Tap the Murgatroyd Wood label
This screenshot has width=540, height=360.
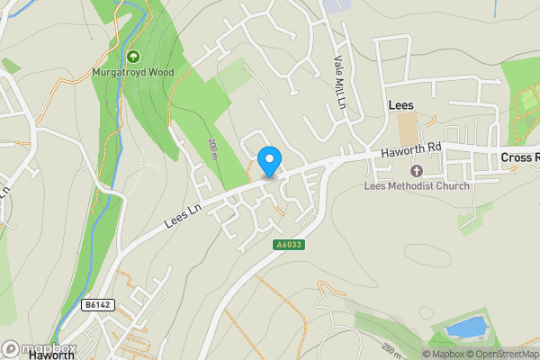click(x=133, y=72)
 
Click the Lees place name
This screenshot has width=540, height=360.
click(x=400, y=105)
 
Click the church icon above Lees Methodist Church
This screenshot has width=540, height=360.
click(x=416, y=171)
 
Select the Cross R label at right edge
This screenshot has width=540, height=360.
click(x=519, y=157)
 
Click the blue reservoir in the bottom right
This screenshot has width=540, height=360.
click(x=465, y=328)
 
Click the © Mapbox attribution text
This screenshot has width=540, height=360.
click(x=446, y=354)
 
